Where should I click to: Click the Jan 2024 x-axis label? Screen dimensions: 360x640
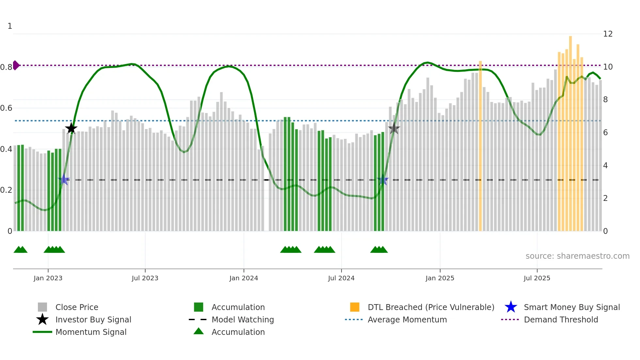click(244, 278)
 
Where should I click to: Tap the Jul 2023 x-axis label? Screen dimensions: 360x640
click(145, 278)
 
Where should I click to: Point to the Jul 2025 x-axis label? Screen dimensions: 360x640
click(537, 278)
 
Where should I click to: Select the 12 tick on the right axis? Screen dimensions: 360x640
click(608, 34)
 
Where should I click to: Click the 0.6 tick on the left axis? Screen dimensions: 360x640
click(7, 108)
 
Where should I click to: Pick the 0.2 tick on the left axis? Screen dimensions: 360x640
click(7, 190)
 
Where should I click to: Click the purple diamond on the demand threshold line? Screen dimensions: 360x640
click(16, 65)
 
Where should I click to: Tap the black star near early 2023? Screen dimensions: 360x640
click(71, 128)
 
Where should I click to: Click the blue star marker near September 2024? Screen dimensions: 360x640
click(383, 180)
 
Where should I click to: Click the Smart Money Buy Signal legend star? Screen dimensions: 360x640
click(511, 307)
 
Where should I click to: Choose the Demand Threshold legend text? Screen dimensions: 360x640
click(561, 319)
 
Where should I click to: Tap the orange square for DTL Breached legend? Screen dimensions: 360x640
click(355, 307)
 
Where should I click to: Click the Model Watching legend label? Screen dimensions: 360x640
click(243, 319)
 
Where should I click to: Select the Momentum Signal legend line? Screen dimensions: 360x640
click(42, 332)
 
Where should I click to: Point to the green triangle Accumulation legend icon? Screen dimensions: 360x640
click(199, 331)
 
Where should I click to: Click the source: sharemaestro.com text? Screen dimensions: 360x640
click(577, 256)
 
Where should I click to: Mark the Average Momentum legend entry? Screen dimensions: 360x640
click(407, 319)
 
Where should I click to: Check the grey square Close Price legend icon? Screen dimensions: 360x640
click(42, 307)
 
